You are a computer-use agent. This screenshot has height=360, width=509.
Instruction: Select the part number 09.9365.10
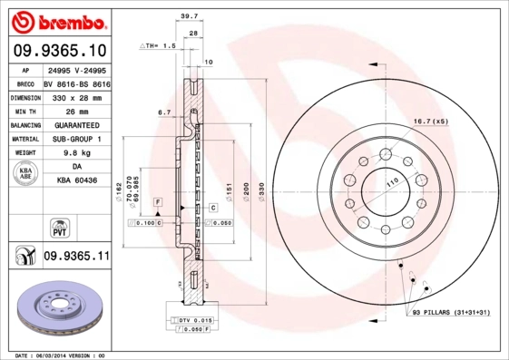62,50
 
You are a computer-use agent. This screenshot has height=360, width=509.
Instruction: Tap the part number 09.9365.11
76,257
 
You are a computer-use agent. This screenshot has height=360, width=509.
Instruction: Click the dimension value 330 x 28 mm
76,95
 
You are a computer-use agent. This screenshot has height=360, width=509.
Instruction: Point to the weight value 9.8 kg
76,153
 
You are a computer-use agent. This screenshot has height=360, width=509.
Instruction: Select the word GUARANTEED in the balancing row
76,124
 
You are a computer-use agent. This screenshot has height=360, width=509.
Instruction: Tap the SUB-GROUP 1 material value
76,139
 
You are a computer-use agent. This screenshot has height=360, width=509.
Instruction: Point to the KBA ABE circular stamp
26,173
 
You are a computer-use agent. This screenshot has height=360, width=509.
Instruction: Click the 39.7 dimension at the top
189,15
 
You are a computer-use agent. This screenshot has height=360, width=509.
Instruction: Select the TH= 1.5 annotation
156,44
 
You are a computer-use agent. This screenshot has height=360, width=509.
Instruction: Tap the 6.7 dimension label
164,112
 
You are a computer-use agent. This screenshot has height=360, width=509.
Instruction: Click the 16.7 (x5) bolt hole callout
431,121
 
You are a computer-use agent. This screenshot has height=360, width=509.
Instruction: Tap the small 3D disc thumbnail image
62,311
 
